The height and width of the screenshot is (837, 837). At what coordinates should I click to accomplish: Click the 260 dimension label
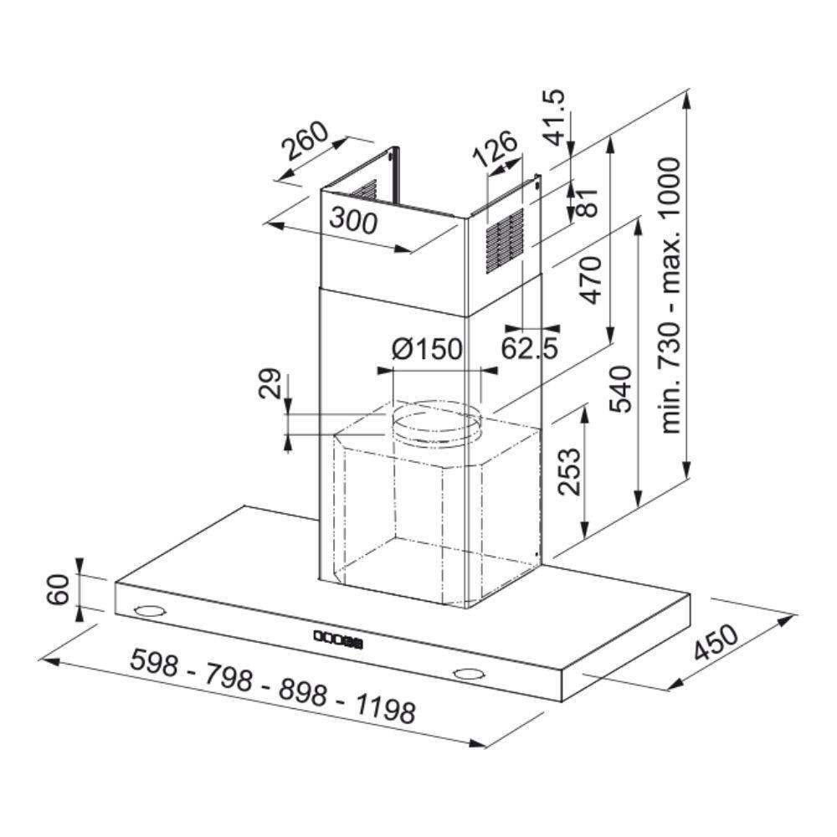(305, 141)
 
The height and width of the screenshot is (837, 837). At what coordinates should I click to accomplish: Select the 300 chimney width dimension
(353, 220)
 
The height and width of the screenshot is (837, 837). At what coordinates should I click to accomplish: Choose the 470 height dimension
(592, 280)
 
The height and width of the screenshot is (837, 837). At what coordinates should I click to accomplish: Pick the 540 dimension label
(621, 389)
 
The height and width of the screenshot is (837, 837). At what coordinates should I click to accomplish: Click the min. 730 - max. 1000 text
(670, 295)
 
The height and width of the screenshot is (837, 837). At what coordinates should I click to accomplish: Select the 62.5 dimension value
(530, 348)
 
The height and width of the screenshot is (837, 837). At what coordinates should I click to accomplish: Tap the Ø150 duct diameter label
(427, 349)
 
